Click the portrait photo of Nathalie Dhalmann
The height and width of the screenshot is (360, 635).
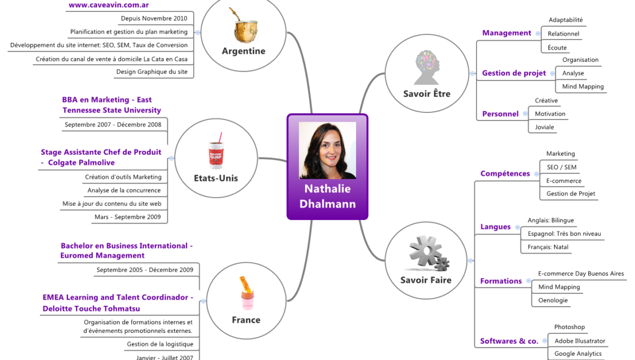[x=328, y=150]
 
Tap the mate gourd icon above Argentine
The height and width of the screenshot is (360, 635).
[x=244, y=26]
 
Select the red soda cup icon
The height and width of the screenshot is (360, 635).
[x=216, y=150]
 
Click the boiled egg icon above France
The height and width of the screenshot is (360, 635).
[x=246, y=293]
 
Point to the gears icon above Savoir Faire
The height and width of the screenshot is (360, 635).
[x=428, y=254]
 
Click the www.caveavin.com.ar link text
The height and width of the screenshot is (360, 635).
[x=109, y=5]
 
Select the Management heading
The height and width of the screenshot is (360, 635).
[x=506, y=33]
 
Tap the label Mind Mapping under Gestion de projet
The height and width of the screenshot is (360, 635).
[x=583, y=86]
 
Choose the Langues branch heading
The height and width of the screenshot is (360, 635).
[x=496, y=227]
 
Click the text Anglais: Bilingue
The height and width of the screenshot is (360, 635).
[x=550, y=220]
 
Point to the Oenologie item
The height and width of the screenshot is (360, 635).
[x=553, y=300]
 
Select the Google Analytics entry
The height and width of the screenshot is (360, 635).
[x=578, y=353]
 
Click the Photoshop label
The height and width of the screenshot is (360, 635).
[x=569, y=327]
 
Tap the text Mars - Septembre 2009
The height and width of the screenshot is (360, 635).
[x=128, y=217]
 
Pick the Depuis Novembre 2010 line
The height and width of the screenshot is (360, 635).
[x=154, y=18]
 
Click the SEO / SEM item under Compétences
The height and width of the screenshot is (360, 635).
[x=561, y=167]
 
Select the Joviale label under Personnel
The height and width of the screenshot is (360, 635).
[x=544, y=127]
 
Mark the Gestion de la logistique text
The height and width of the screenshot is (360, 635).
[x=160, y=344]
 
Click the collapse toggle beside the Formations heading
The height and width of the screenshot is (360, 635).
[x=529, y=281]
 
